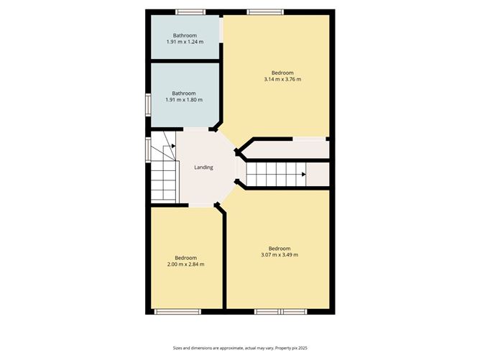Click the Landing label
(203, 167)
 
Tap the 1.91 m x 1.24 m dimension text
(185, 42)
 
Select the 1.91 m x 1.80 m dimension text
(184, 100)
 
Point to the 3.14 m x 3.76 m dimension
(282, 79)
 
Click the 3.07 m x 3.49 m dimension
(280, 254)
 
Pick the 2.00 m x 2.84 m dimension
(186, 264)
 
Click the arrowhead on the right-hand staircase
(304, 175)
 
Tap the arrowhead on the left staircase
(174, 146)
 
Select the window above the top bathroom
(190, 12)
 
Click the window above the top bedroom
(265, 12)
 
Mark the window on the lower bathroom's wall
(148, 105)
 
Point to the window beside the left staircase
(148, 149)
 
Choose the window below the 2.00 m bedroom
(177, 312)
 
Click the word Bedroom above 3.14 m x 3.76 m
(282, 73)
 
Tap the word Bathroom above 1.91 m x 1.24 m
(185, 35)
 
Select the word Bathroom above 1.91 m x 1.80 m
(184, 93)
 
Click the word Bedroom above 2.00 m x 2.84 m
(186, 258)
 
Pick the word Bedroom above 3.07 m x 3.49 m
(280, 249)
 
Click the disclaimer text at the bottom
(240, 348)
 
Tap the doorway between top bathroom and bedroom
(221, 29)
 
